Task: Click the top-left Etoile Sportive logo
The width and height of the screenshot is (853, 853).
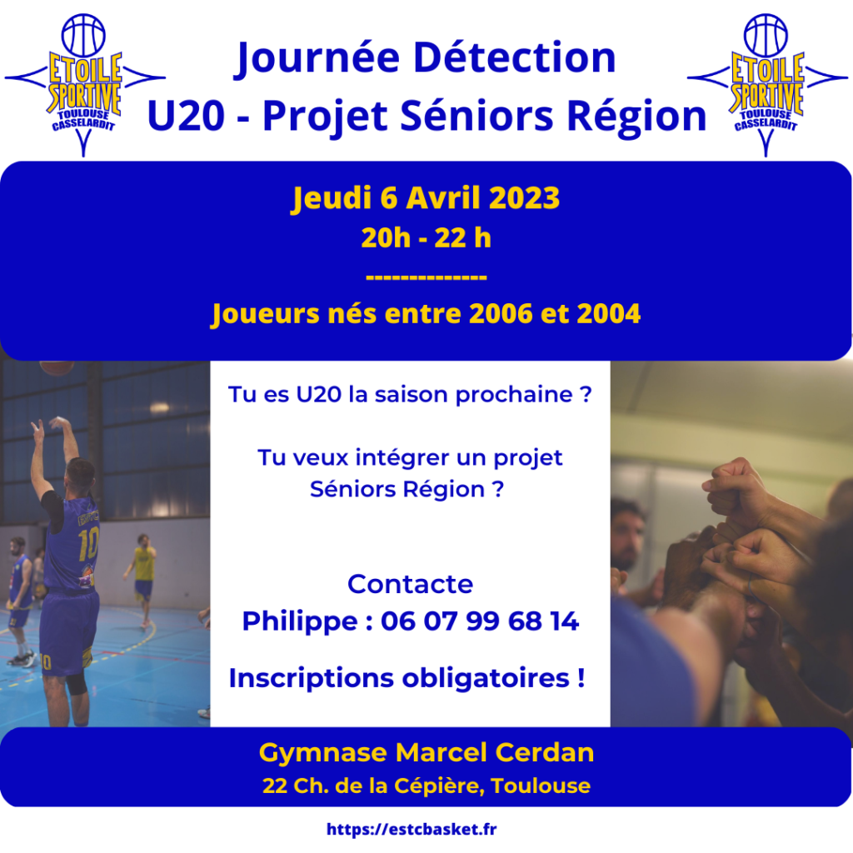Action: tap(84, 85)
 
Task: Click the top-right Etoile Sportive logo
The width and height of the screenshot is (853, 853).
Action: tap(767, 85)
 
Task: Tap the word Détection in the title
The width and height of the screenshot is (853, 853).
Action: tap(514, 57)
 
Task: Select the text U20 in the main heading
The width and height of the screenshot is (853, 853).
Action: tap(186, 116)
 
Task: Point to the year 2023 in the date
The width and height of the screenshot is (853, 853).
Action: tap(525, 197)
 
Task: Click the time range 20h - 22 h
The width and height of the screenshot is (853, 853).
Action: tap(426, 238)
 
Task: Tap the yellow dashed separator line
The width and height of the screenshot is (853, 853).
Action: tap(426, 277)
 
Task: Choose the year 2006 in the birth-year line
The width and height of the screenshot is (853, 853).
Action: tap(501, 314)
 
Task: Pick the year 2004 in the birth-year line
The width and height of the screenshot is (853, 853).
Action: tap(609, 314)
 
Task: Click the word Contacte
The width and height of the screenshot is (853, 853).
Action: tap(410, 584)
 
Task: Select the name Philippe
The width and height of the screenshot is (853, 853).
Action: tap(300, 621)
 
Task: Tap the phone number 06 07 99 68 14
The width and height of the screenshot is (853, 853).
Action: tap(480, 621)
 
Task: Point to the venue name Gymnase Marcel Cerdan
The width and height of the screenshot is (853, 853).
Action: tap(426, 753)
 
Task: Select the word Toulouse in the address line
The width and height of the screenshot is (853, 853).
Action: tap(540, 786)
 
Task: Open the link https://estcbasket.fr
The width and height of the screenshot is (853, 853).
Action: tap(412, 829)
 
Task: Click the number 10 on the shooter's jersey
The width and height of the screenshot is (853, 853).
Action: tap(88, 543)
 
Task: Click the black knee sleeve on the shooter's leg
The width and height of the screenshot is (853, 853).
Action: tap(77, 682)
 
